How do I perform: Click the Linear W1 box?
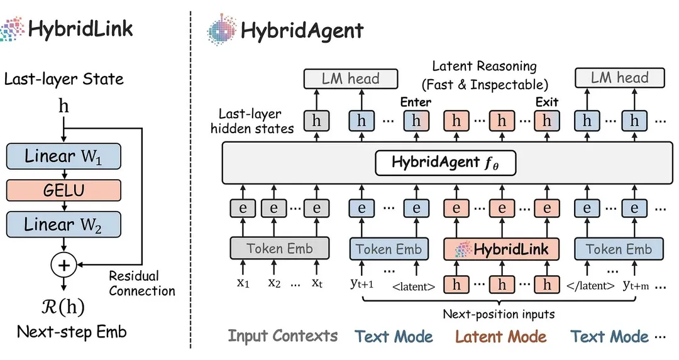pos(63,156)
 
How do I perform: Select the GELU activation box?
pos(63,190)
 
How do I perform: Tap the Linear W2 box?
pos(63,224)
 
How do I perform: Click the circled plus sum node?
pos(63,265)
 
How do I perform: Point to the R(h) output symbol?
pos(63,307)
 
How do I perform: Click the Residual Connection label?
pos(142,283)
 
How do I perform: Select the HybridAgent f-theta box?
pos(446,163)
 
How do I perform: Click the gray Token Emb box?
pos(279,248)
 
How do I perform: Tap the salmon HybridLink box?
pos(502,249)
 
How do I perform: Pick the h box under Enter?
pos(416,121)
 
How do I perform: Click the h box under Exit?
pos(546,121)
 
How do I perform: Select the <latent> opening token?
pos(414,286)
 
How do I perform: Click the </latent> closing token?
pos(590,286)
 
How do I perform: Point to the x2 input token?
pos(274,283)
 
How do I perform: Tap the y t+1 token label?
pos(362,283)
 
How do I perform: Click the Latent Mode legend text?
pos(500,337)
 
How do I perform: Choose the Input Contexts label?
pos(283,335)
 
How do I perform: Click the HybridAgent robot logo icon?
pos(221,30)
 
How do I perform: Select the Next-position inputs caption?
pos(499,314)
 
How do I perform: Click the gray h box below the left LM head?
pos(316,121)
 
